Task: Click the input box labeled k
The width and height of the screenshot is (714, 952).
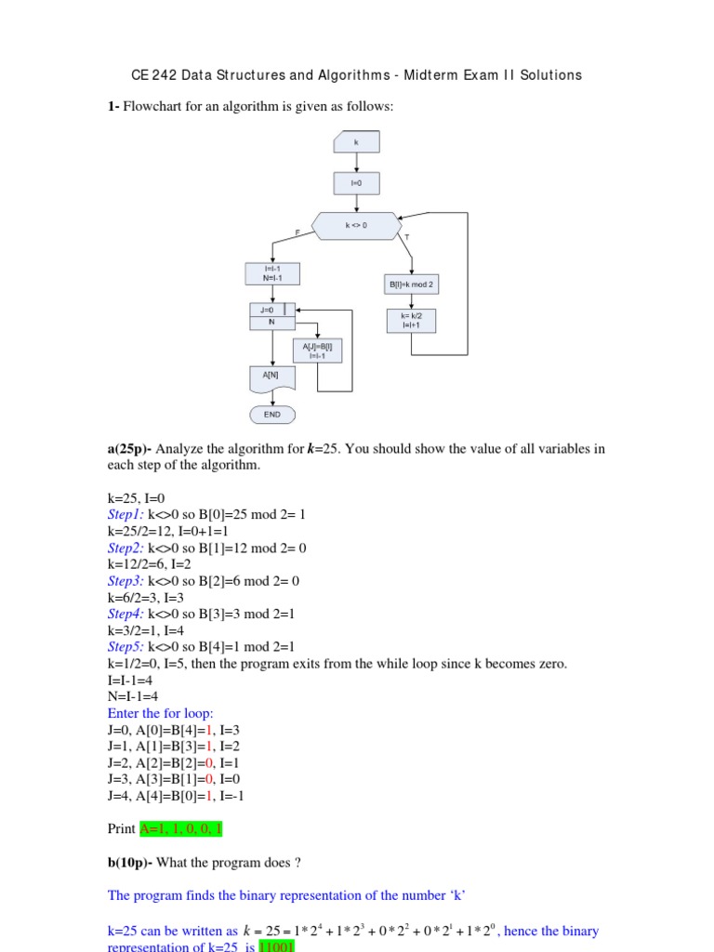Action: [355, 143]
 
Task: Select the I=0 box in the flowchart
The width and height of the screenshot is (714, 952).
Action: [355, 183]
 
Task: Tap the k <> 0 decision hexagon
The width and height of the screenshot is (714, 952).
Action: [356, 225]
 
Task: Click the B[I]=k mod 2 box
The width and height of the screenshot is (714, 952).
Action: [411, 284]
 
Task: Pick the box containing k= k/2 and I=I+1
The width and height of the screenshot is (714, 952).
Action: [411, 321]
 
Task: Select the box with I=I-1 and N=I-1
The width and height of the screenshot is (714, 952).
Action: [272, 273]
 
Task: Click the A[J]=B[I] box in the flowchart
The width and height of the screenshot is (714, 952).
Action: [318, 350]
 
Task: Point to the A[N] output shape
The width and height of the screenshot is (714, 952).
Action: [272, 377]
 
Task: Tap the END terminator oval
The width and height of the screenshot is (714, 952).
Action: [272, 414]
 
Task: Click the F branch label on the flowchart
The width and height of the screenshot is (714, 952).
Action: [297, 231]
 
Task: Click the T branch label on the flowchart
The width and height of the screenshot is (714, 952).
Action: [406, 238]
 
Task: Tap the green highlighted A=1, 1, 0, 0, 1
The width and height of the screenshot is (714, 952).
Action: [181, 828]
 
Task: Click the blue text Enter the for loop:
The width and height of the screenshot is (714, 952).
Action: [161, 714]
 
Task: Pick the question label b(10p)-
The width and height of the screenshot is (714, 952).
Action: [130, 863]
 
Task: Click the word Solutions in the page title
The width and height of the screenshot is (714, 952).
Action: [551, 75]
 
